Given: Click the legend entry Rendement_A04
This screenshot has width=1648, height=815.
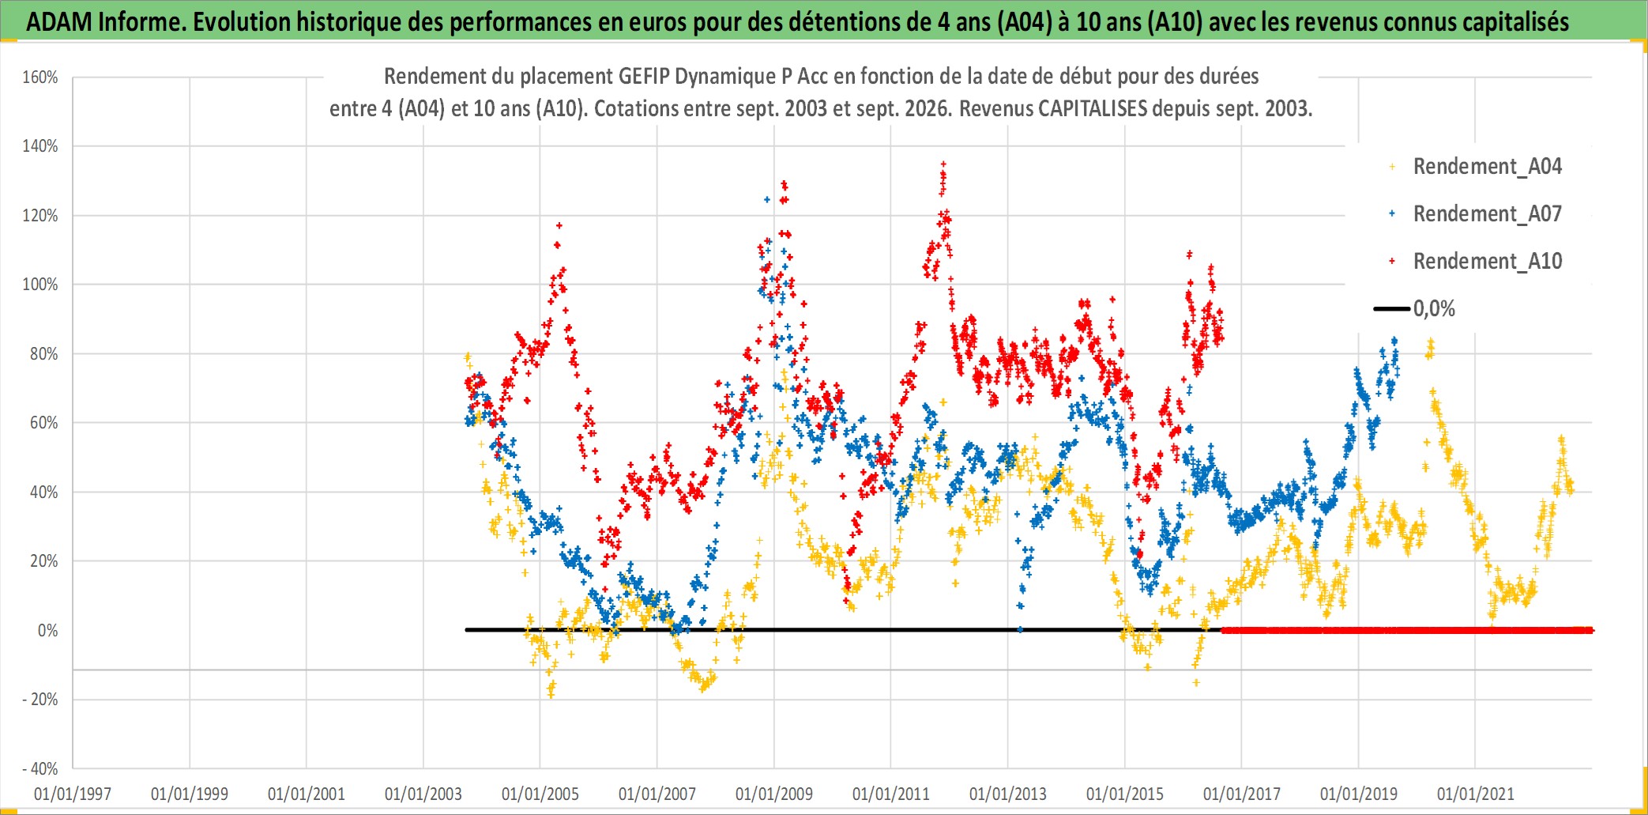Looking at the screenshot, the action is point(1487,166).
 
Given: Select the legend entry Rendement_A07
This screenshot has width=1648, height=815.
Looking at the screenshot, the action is point(1487,213).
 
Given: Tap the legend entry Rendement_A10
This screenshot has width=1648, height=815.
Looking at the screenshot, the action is point(1487,261).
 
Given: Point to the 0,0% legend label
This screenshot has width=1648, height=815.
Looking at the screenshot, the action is point(1434,308).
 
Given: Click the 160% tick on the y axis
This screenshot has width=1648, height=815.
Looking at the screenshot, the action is point(40,77).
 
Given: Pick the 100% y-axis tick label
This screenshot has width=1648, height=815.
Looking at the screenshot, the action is point(40,284).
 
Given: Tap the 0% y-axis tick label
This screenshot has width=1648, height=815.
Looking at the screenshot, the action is point(48,630).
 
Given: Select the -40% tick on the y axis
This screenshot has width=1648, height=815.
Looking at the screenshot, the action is point(40,768).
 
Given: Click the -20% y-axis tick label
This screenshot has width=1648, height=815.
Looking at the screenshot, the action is point(40,699).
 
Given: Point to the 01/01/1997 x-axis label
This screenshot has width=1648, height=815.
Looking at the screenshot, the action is point(73,794).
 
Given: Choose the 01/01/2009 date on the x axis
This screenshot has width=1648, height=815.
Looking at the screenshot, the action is point(774,794).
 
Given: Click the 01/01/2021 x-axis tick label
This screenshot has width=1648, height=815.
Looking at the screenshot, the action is point(1476,794).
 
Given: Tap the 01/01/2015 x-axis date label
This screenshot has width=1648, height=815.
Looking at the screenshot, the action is point(1125,794).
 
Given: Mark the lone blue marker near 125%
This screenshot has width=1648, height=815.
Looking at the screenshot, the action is point(766,199).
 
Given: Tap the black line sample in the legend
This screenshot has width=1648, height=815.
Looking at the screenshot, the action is point(1391,308).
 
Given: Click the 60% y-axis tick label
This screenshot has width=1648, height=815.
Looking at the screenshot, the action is point(44,422).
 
